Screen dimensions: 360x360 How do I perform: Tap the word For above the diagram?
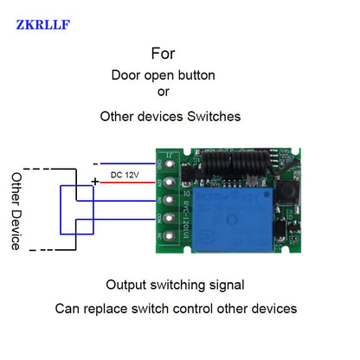coord(163,53)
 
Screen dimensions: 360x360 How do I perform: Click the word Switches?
coord(211,115)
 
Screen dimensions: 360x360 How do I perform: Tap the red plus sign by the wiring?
coord(94,182)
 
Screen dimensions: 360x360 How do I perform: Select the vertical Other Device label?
coord(16,210)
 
